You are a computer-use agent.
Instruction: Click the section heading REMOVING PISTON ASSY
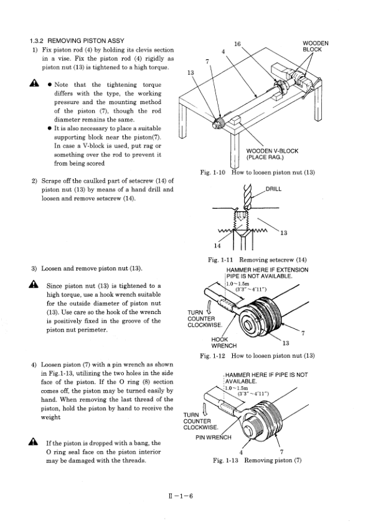tap(86, 40)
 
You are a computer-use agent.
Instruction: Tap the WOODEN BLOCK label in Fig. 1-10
tap(315, 47)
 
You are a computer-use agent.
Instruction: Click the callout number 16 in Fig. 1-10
tap(237, 44)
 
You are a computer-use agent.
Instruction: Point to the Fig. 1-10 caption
tap(258, 173)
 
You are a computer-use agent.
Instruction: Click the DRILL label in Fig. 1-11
tap(273, 189)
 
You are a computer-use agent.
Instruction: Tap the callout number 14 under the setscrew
tap(217, 245)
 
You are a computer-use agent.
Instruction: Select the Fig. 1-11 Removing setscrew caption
tap(257, 260)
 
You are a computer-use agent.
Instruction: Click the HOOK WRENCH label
tap(223, 343)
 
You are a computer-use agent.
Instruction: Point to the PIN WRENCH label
tap(214, 437)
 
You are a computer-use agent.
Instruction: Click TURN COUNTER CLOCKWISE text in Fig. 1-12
tap(205, 319)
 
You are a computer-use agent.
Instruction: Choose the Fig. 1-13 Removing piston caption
tap(257, 460)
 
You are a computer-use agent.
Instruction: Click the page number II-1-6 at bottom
tap(181, 496)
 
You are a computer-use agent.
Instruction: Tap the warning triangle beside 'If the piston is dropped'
tap(33, 442)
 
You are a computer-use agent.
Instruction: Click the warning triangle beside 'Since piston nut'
tap(33, 284)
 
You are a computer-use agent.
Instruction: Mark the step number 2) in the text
tap(34, 181)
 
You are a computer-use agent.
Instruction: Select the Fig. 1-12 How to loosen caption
tap(257, 356)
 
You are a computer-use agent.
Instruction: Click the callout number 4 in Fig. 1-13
tap(241, 452)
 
